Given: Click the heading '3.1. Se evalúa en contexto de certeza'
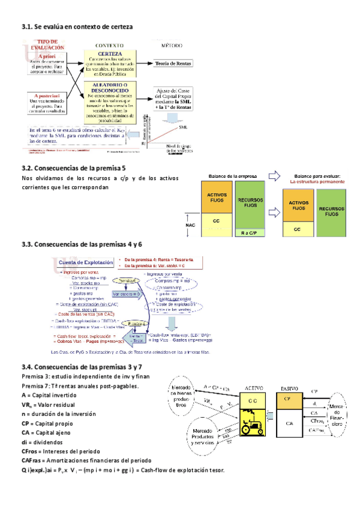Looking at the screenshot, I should pyautogui.click(x=77, y=27).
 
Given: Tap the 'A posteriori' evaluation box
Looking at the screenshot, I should pyautogui.click(x=46, y=103).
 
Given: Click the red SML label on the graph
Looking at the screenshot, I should pyautogui.click(x=182, y=127).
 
